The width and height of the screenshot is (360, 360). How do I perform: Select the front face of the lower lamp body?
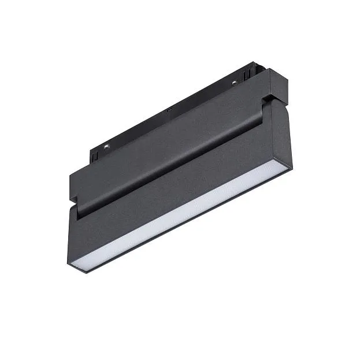coord(179,191)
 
